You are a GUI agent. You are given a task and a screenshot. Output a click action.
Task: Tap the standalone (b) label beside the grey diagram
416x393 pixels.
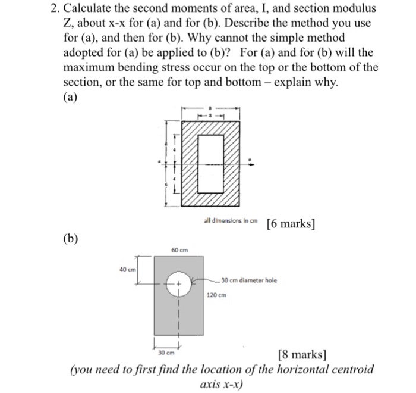pyautogui.click(x=72, y=239)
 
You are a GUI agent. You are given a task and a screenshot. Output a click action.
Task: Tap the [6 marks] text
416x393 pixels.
pyautogui.click(x=291, y=224)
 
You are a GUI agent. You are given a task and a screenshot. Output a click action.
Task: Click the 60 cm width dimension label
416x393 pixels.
pyautogui.click(x=179, y=250)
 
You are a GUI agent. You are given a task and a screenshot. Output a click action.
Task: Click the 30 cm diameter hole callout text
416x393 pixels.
pyautogui.click(x=248, y=280)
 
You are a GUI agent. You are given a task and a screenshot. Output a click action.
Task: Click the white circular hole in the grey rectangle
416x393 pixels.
pyautogui.click(x=178, y=284)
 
